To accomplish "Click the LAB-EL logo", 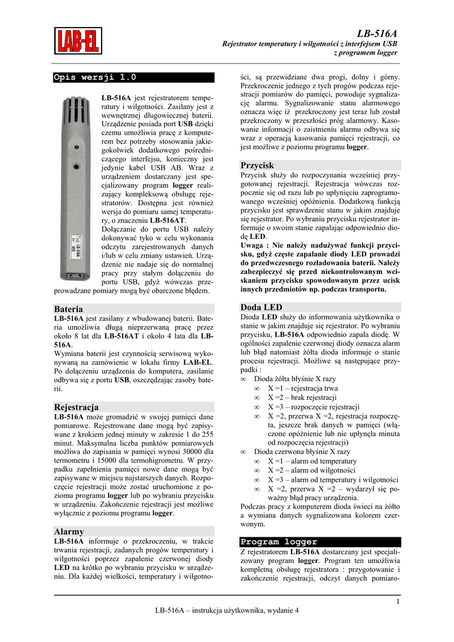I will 78,41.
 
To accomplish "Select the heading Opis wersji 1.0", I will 95,77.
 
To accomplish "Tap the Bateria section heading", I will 68,309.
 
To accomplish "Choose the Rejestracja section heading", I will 77,407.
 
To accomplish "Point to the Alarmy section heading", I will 69,531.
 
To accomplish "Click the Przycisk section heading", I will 257,165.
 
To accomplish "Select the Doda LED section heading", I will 261,307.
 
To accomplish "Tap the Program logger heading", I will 279,541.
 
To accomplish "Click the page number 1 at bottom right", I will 398,603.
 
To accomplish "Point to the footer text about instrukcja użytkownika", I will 227,611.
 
